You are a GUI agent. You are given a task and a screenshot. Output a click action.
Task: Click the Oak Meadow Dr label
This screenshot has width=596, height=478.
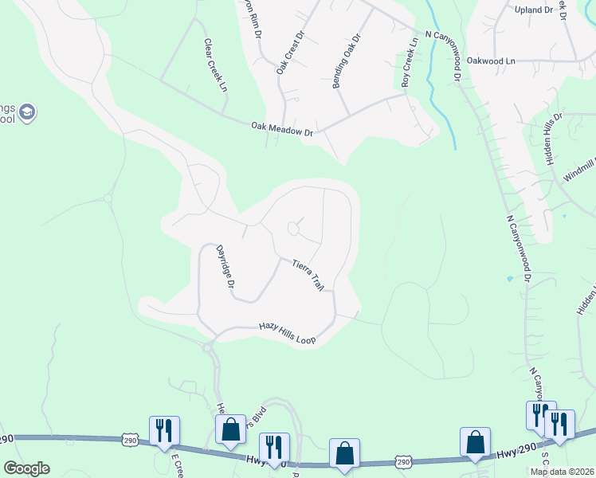(282, 129)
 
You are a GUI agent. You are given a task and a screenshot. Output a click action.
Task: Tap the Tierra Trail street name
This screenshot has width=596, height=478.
(308, 274)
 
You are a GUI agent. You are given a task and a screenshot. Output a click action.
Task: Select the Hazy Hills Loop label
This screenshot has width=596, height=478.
(287, 333)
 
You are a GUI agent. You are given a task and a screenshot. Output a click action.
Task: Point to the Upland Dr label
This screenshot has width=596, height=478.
(533, 10)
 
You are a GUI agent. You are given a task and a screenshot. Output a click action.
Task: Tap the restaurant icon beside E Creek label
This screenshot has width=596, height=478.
(164, 430)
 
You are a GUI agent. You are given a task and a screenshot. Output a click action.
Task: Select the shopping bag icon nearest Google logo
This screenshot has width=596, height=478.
(230, 429)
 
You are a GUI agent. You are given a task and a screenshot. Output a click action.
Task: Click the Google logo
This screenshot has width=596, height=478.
(26, 468)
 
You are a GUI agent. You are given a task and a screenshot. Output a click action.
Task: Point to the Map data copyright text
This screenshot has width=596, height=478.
(562, 472)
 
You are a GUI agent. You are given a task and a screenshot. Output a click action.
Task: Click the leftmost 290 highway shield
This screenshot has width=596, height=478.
(131, 439)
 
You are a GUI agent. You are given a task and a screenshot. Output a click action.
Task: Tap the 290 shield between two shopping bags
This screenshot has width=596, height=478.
(403, 461)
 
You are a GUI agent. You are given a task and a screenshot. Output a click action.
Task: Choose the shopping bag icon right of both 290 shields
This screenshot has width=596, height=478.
(475, 441)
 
